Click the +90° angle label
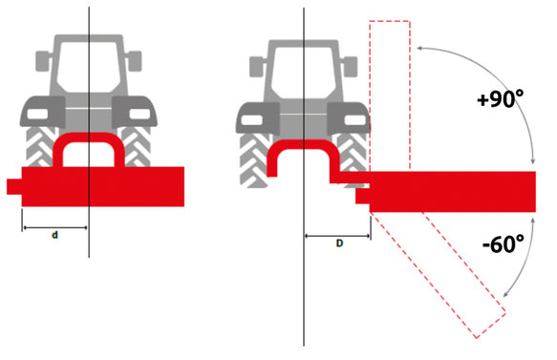point(501,98)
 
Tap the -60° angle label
point(503,244)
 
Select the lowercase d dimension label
point(54,235)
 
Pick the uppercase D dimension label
point(339,244)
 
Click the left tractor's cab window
point(89,67)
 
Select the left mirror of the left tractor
point(42,61)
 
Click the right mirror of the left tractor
point(135,61)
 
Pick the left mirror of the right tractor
point(256,67)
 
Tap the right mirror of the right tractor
point(350,67)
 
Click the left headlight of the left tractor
point(37,114)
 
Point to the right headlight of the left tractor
point(139,114)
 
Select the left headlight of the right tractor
point(252,120)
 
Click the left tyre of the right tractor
point(253,159)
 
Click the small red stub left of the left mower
point(14,187)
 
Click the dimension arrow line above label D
point(338,235)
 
